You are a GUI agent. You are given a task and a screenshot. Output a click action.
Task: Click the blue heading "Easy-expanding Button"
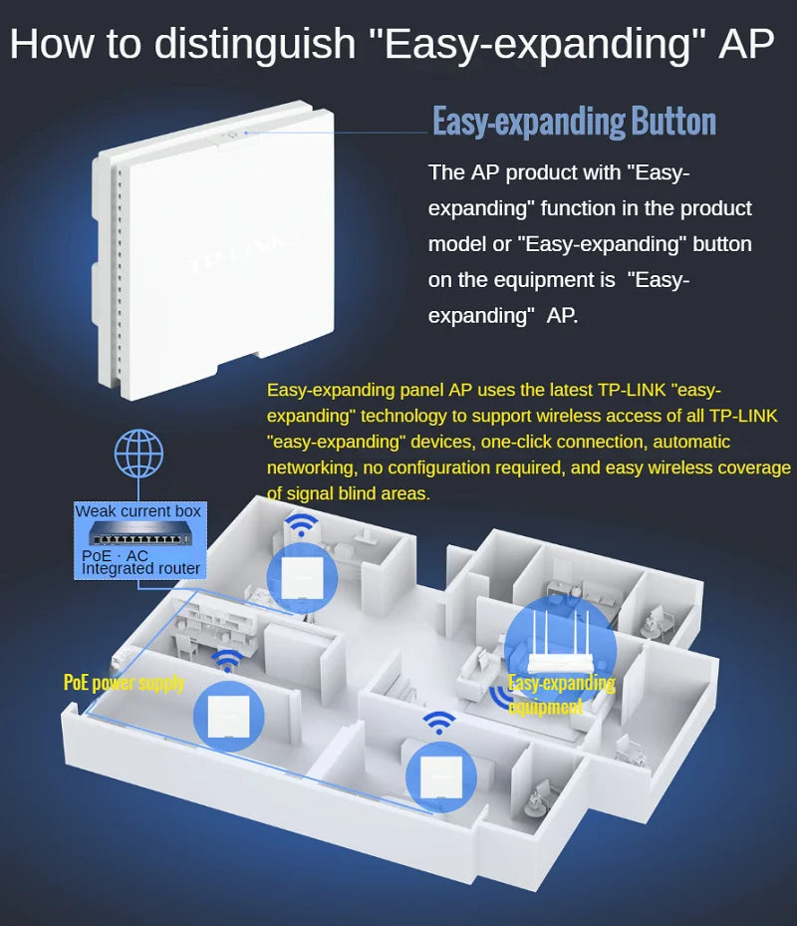pyautogui.click(x=574, y=122)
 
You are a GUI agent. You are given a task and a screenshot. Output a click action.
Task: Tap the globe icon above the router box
pyautogui.click(x=139, y=456)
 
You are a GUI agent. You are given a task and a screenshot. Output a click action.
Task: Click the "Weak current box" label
pyautogui.click(x=137, y=511)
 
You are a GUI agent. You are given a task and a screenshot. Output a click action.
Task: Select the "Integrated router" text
pyautogui.click(x=141, y=568)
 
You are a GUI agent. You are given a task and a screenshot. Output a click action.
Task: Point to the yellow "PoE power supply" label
pyautogui.click(x=125, y=683)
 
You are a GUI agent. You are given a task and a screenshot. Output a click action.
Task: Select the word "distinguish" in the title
pyautogui.click(x=255, y=45)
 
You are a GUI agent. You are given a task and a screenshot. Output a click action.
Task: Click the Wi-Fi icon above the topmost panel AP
pyautogui.click(x=301, y=524)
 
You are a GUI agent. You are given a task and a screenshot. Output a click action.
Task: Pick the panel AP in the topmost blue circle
pyautogui.click(x=301, y=577)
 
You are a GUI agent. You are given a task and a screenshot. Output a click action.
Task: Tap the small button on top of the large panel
pyautogui.click(x=233, y=130)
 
